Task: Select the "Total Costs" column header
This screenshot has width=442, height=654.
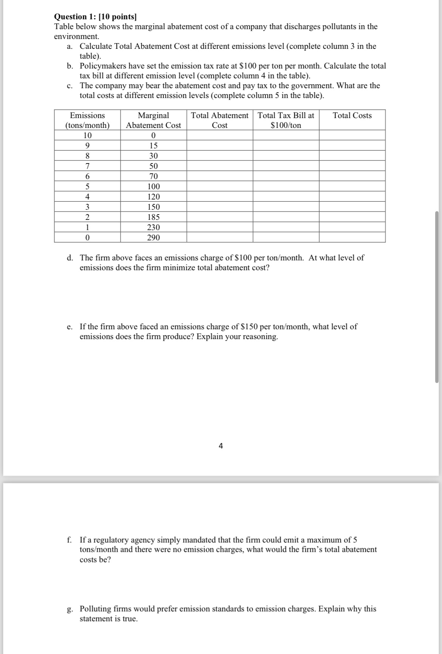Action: pyautogui.click(x=352, y=115)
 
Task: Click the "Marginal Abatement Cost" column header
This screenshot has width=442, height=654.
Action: pyautogui.click(x=153, y=120)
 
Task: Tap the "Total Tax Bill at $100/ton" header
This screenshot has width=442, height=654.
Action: pyautogui.click(x=286, y=120)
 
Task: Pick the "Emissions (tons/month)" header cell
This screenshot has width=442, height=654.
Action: pyautogui.click(x=87, y=120)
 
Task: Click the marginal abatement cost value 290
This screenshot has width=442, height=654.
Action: pyautogui.click(x=153, y=238)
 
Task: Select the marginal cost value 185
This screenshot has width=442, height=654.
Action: pyautogui.click(x=153, y=217)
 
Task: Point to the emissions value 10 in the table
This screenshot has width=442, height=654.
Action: pyautogui.click(x=87, y=135)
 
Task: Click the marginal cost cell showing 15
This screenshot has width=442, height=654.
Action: pyautogui.click(x=153, y=146)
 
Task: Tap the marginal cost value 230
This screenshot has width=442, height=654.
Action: pyautogui.click(x=153, y=227)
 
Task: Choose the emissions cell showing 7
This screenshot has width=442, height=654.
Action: pyautogui.click(x=87, y=166)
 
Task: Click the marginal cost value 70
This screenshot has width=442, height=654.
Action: pyautogui.click(x=153, y=176)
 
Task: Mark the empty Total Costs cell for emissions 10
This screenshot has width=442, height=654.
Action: pyautogui.click(x=352, y=135)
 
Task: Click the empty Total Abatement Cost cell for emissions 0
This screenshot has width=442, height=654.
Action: pyautogui.click(x=219, y=238)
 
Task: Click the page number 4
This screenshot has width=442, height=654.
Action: pyautogui.click(x=221, y=446)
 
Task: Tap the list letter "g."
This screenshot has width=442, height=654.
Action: pyautogui.click(x=70, y=609)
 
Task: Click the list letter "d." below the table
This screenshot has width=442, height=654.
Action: pyautogui.click(x=70, y=258)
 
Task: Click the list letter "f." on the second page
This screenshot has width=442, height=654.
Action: pyautogui.click(x=70, y=540)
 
